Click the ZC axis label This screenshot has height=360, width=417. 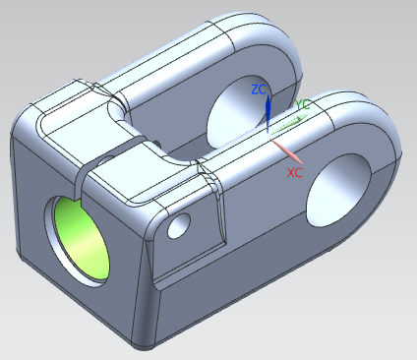coord(259,90)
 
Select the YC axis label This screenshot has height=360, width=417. coord(302,105)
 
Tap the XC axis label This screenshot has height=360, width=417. coord(295,172)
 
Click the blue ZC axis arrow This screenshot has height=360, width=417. coord(268,114)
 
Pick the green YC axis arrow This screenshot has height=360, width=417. coord(289,124)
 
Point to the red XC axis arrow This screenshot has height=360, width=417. coord(286,151)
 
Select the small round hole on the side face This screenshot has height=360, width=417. coord(179,225)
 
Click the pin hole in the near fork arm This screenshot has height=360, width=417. coord(338,191)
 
